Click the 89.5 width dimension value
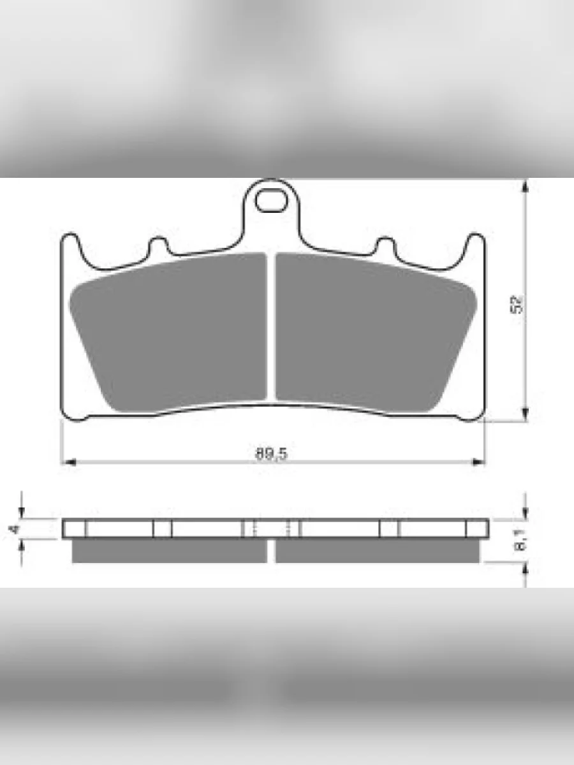(x=272, y=453)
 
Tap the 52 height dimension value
(x=516, y=305)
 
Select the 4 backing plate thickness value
(x=14, y=529)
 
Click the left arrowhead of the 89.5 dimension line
(x=69, y=462)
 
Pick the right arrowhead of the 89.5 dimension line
(x=477, y=462)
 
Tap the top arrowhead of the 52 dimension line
(x=525, y=186)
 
